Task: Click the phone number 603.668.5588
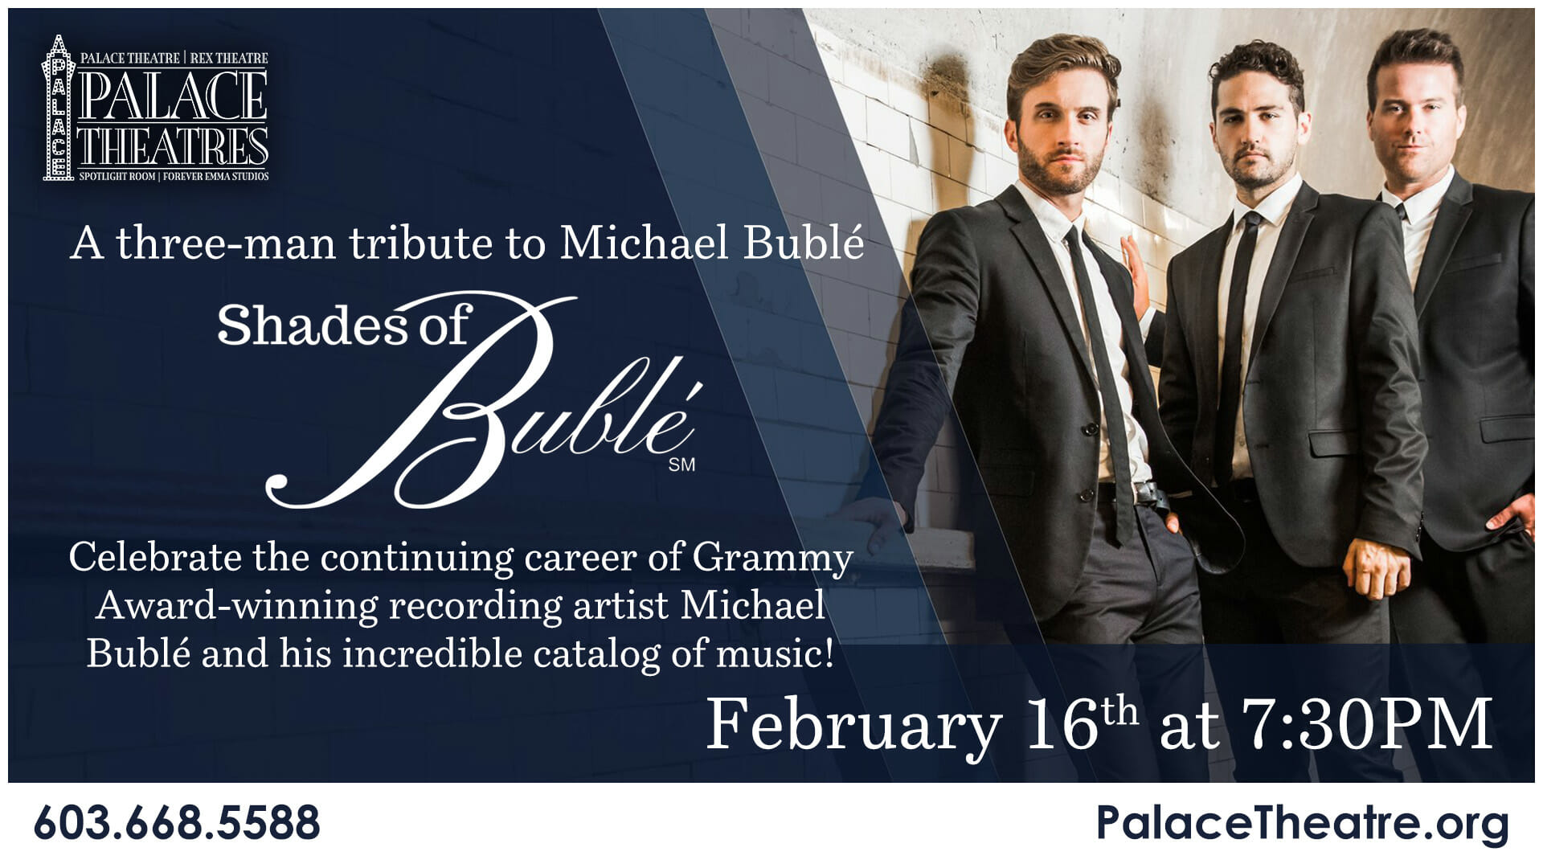[x=178, y=823]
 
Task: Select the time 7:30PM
[x=1366, y=725]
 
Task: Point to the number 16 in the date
[x=1061, y=725]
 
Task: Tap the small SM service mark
[x=681, y=465]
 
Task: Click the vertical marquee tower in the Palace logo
[x=55, y=108]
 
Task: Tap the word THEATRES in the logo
[x=173, y=147]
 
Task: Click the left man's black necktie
[x=1098, y=378]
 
